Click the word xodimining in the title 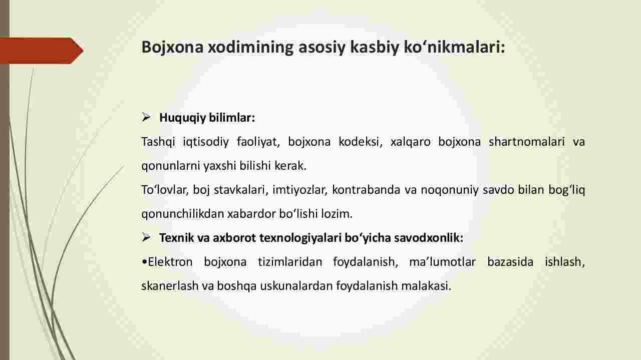[251, 47]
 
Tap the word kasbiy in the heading [374, 47]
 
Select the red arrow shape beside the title [42, 51]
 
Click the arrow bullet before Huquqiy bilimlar [146, 117]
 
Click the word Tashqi [158, 142]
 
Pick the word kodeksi [360, 142]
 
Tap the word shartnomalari [526, 142]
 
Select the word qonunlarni [171, 166]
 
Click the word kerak [290, 166]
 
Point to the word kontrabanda [366, 190]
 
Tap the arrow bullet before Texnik [146, 237]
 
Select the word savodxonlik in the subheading [428, 238]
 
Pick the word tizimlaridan [290, 262]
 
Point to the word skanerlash [170, 286]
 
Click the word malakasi [426, 286]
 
